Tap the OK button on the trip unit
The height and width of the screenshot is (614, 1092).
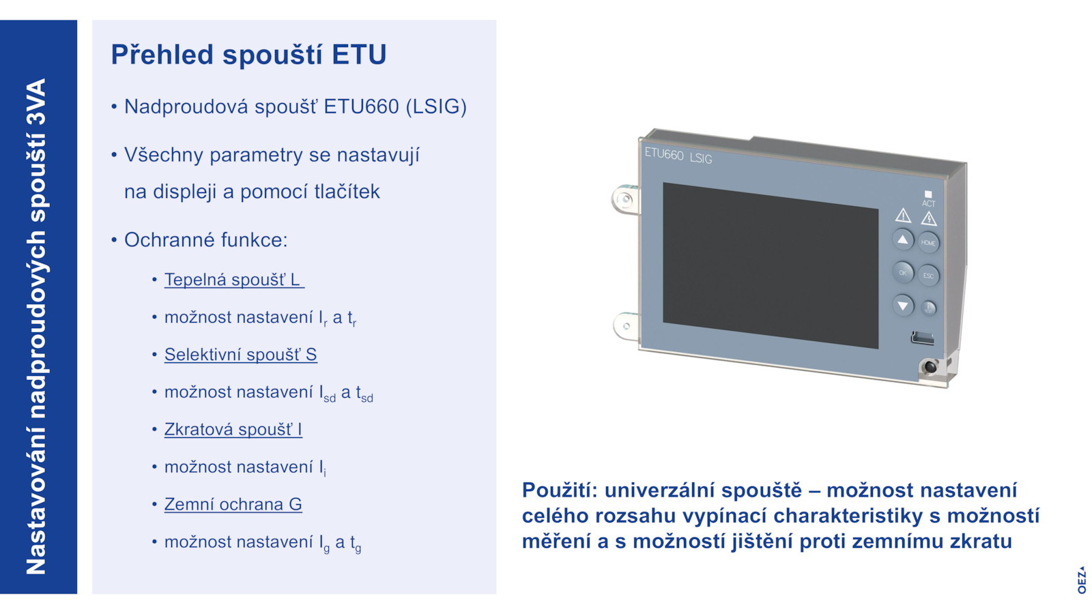click(902, 272)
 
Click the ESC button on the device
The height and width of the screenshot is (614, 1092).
click(928, 276)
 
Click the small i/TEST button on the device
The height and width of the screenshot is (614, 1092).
click(928, 308)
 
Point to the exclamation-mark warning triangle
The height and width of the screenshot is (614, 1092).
click(903, 216)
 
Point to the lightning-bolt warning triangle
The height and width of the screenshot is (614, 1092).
click(929, 219)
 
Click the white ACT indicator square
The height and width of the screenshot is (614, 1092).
click(928, 194)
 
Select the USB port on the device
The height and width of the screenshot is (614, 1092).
click(922, 338)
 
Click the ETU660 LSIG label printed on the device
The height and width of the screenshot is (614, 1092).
click(678, 156)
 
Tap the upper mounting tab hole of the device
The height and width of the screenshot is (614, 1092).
click(624, 199)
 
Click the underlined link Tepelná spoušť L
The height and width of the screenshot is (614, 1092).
click(234, 280)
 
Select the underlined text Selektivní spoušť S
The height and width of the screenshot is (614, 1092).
click(240, 355)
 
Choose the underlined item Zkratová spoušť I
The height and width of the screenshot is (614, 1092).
click(233, 429)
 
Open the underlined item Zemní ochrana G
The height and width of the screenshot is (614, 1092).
click(233, 504)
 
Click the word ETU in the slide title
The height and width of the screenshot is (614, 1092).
click(359, 54)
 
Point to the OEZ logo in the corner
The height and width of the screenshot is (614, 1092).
click(1082, 580)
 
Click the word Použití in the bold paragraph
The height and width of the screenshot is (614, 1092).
click(560, 491)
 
